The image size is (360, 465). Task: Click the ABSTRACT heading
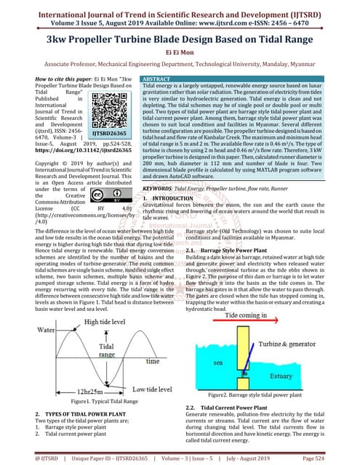coord(156,78)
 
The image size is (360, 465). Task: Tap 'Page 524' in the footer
coord(337,458)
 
